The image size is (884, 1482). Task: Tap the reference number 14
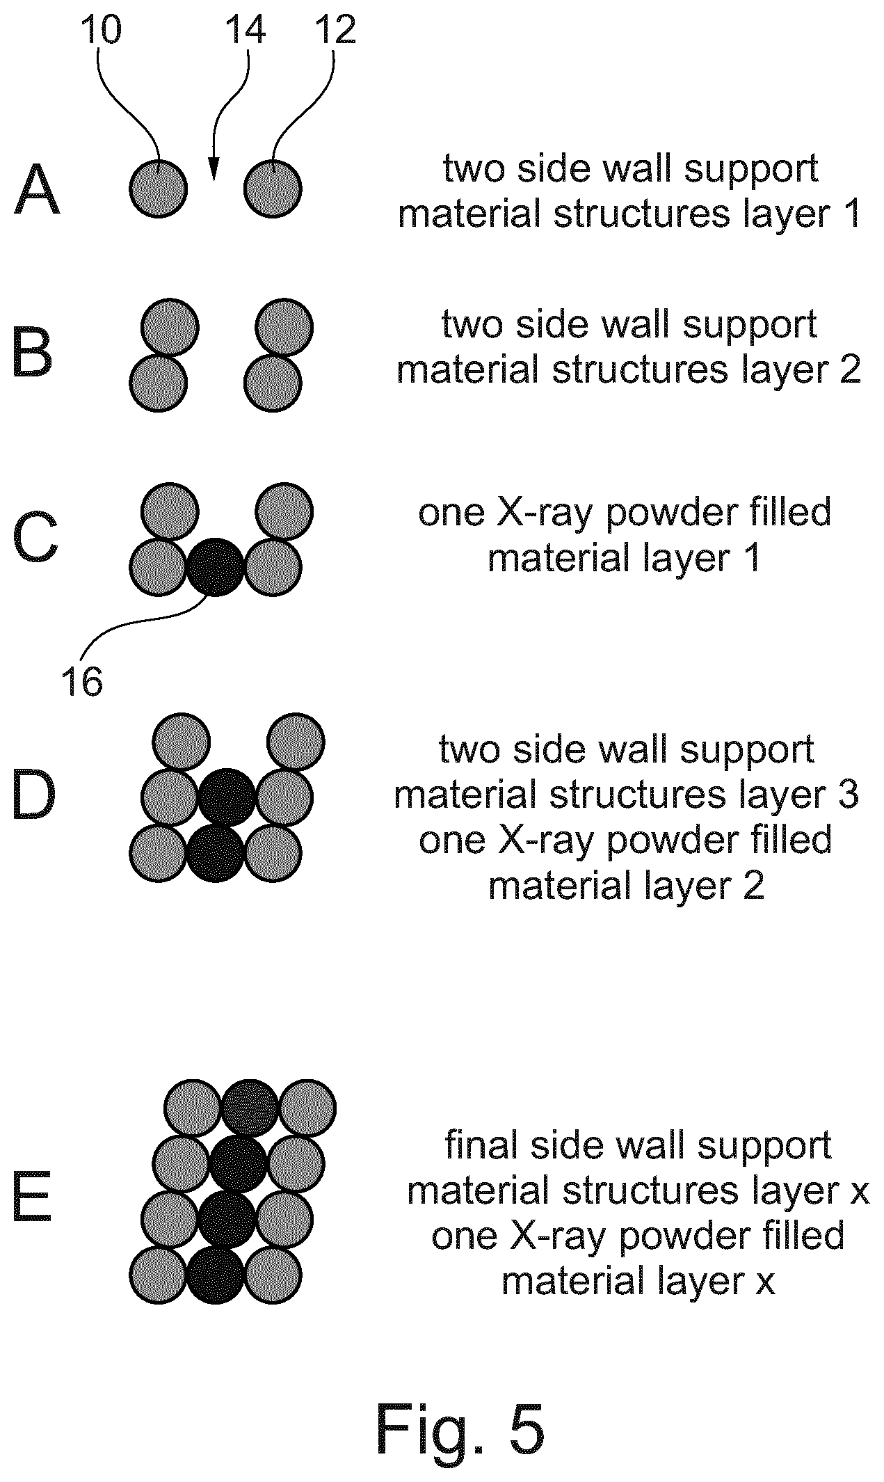click(245, 31)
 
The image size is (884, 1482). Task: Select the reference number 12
click(335, 31)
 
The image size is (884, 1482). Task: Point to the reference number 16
click(82, 681)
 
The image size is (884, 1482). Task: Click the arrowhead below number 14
click(214, 169)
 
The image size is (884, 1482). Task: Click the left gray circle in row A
click(159, 188)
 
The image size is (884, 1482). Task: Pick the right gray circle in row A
click(273, 188)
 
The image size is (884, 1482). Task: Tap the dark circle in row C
click(216, 567)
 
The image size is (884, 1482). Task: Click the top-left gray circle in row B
click(170, 327)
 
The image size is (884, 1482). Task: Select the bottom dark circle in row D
click(216, 853)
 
